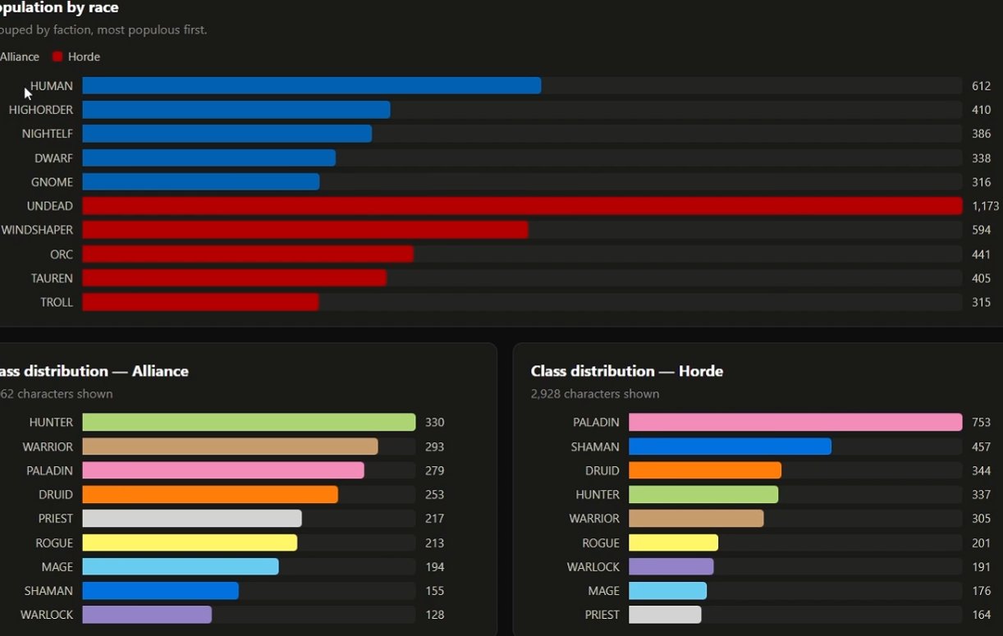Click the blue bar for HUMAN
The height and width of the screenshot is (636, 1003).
pos(312,85)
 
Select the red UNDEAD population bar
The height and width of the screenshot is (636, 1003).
pos(522,206)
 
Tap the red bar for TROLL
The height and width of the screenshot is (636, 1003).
pos(200,302)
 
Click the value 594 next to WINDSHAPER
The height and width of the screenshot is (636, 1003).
pos(981,230)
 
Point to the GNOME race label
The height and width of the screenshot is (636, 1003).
pos(52,182)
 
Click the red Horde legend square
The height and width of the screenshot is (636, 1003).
pos(57,57)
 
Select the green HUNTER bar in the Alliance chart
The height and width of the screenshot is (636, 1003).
pos(249,422)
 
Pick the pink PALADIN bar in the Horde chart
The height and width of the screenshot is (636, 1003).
pos(795,422)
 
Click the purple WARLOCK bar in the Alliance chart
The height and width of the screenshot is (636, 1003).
pos(147,615)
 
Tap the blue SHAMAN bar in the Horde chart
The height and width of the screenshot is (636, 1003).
pos(730,446)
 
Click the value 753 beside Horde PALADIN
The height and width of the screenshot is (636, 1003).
pos(981,422)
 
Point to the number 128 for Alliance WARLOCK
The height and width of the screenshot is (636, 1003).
pos(434,615)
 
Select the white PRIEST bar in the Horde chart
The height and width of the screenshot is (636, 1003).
pos(665,615)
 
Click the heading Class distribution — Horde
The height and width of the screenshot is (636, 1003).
pos(627,371)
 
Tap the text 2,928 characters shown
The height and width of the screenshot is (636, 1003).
pos(594,394)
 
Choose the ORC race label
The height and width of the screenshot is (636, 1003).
pos(62,254)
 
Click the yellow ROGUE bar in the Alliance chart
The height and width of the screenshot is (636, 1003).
pos(190,542)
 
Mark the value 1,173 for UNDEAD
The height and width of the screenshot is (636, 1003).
pos(985,206)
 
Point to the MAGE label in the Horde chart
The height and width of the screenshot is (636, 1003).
pos(603,591)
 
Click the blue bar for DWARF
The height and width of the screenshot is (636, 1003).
pos(209,158)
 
